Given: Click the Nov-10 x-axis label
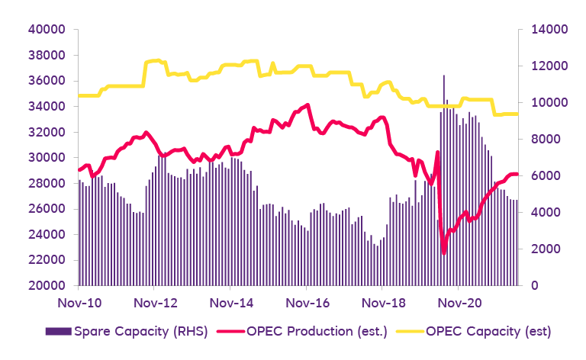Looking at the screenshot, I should [79, 303].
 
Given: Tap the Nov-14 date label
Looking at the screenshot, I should [231, 303].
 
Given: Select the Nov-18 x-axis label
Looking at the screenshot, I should [383, 303].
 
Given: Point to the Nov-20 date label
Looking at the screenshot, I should [459, 303].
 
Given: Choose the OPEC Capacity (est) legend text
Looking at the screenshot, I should [488, 332].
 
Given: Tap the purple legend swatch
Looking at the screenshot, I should [57, 332].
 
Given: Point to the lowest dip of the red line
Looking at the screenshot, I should [443, 252].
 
